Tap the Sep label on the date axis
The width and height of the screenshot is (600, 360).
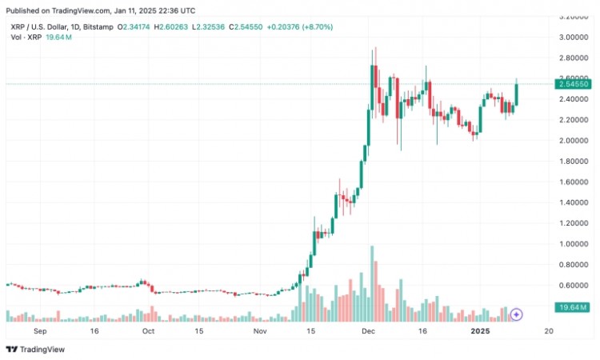pyautogui.click(x=40, y=330)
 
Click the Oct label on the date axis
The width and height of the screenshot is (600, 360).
pyautogui.click(x=148, y=330)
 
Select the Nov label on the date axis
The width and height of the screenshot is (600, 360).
pyautogui.click(x=258, y=330)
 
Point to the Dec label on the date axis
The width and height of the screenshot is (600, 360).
pyautogui.click(x=369, y=330)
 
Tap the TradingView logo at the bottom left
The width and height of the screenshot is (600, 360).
pyautogui.click(x=35, y=349)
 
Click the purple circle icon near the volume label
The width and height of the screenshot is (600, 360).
pyautogui.click(x=517, y=314)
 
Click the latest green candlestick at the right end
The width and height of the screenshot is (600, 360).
pyautogui.click(x=516, y=93)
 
